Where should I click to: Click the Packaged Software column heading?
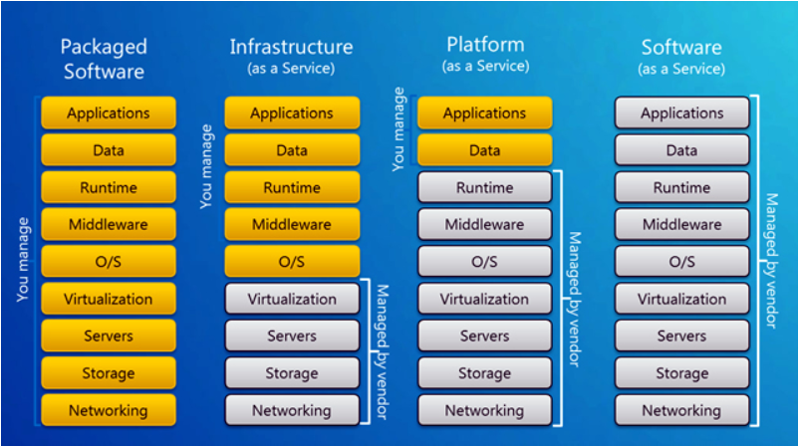(x=103, y=59)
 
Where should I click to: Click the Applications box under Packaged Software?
(x=109, y=113)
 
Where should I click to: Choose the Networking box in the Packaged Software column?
(x=109, y=410)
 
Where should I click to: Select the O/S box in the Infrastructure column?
(x=292, y=262)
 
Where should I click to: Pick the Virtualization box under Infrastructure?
(x=292, y=299)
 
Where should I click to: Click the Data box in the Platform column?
(x=484, y=150)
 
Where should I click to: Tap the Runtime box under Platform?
(x=484, y=187)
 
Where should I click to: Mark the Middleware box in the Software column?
(x=681, y=225)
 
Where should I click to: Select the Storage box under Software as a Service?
(x=681, y=373)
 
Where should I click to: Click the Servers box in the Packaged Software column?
(x=109, y=336)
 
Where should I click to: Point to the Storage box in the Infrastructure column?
(x=292, y=373)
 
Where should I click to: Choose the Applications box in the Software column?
(x=681, y=113)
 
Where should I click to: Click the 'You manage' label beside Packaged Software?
(x=25, y=262)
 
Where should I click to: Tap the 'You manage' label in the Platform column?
(x=400, y=129)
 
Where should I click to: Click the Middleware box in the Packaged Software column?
(x=109, y=225)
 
